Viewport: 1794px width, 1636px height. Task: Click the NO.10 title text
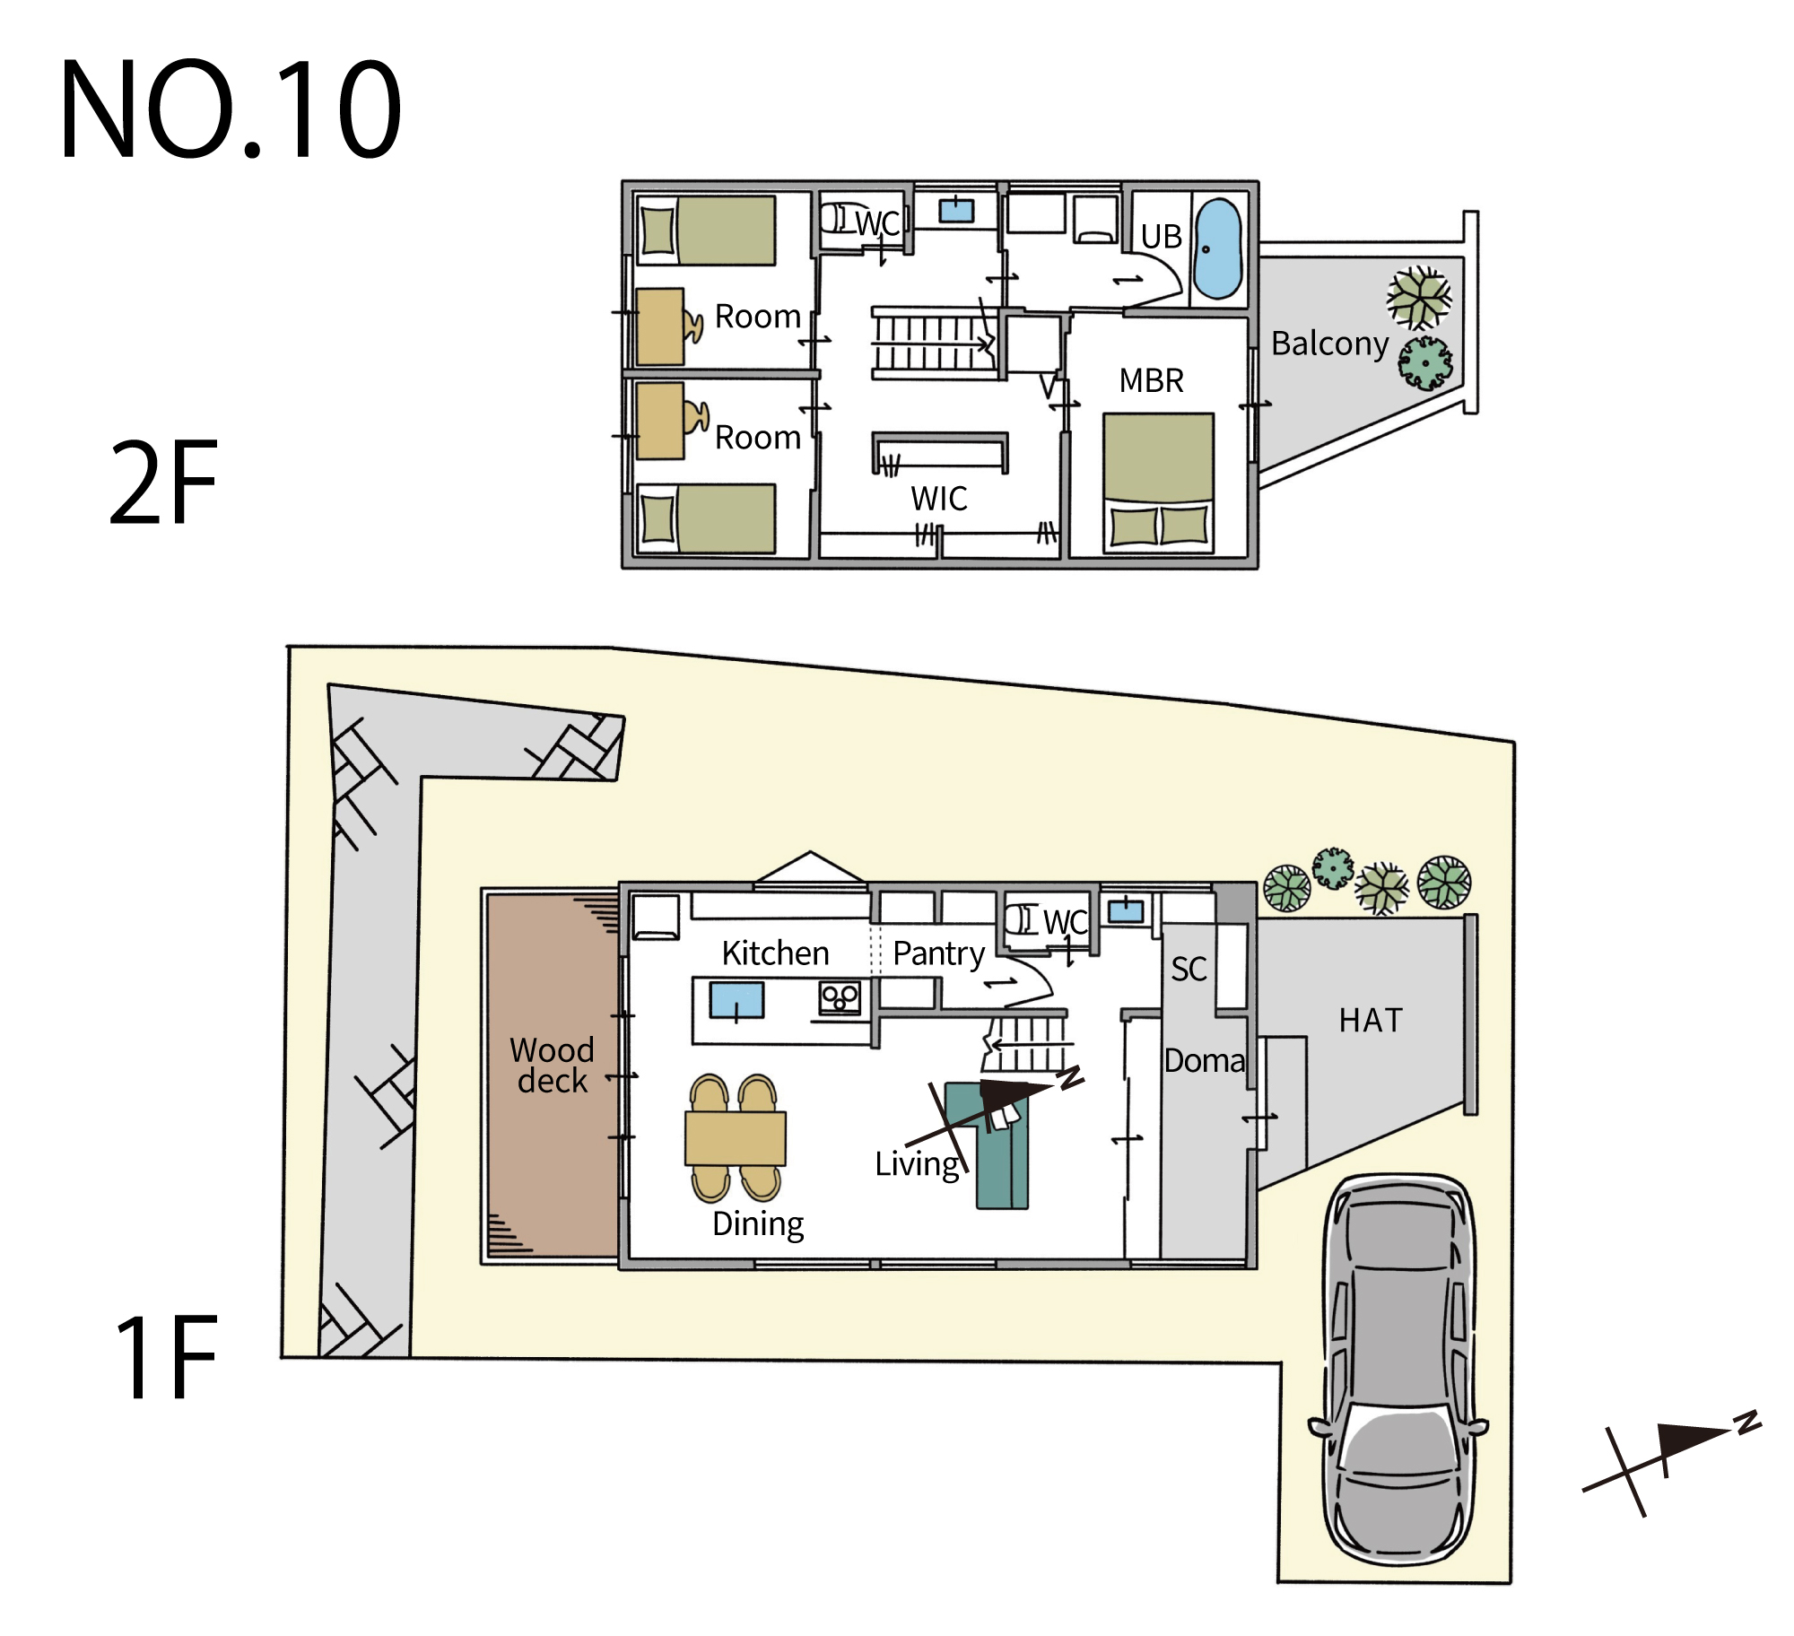tap(231, 109)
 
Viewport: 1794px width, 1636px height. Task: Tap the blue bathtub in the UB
tap(1218, 248)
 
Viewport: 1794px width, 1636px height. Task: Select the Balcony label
tap(1329, 344)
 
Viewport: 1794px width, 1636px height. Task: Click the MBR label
tap(1151, 380)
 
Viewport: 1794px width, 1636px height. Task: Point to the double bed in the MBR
tap(1158, 482)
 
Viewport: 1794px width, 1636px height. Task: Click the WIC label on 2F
tap(939, 499)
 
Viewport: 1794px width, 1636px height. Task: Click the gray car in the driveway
tap(1398, 1369)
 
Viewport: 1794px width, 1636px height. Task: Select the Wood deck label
tap(552, 1065)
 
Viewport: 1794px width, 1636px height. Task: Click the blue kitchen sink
tap(736, 1000)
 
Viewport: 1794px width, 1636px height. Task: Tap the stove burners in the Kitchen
tap(840, 997)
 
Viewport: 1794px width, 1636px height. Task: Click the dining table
tap(736, 1138)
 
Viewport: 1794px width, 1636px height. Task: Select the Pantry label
tap(938, 953)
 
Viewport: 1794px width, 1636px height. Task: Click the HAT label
tap(1370, 1020)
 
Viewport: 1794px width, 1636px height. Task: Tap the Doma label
tap(1205, 1060)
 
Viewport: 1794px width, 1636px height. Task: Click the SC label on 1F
tap(1189, 969)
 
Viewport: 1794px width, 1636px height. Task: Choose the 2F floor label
tap(163, 483)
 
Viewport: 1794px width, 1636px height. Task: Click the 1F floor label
tap(167, 1356)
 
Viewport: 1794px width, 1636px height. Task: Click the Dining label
tap(758, 1225)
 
